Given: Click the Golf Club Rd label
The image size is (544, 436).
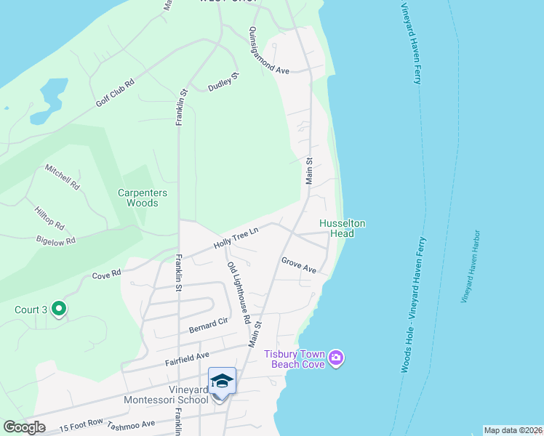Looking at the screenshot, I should (116, 93).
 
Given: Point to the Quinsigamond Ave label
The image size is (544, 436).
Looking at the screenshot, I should (269, 52).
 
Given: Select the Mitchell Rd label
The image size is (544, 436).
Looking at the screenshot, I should (62, 177).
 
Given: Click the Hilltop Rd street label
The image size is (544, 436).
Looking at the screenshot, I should (49, 217).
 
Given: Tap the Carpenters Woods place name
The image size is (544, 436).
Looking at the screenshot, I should (143, 198).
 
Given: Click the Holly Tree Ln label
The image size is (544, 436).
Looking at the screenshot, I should (236, 238).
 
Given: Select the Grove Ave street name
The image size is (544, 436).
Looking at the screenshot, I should (298, 265).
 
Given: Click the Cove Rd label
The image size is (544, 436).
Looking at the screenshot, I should (105, 276).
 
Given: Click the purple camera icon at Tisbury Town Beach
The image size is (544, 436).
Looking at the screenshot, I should (335, 358).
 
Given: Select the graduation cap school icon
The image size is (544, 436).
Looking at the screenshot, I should (222, 381).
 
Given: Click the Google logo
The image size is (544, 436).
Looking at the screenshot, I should (24, 427).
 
